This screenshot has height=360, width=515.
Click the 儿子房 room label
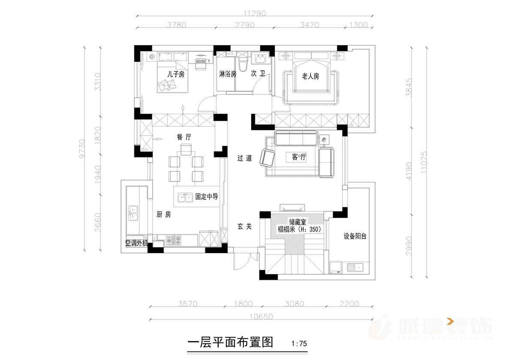coord(176,74)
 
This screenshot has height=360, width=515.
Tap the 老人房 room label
coord(310,76)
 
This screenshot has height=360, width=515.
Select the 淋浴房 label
coord(227,74)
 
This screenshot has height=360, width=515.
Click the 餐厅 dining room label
coord(184,137)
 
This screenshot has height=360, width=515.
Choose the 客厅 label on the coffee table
coord(299,157)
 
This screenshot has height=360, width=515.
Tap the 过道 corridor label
coord(245,158)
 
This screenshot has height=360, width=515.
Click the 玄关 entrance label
coord(245,226)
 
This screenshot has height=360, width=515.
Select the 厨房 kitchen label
coord(164,215)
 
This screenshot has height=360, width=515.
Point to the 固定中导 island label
coord(207,197)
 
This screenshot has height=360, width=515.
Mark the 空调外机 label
coord(136,243)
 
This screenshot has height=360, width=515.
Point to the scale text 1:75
coord(299,344)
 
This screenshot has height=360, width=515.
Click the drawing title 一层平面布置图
coord(231,342)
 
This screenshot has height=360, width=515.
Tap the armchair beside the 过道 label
coord(268,158)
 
